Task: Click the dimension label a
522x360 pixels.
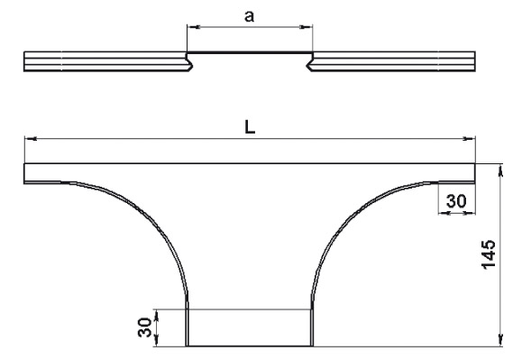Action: (x=249, y=16)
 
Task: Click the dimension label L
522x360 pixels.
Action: (x=250, y=127)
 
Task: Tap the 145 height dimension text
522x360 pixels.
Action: (x=489, y=254)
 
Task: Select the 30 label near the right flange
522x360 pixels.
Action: (x=456, y=201)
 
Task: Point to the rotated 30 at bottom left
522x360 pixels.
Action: (x=145, y=328)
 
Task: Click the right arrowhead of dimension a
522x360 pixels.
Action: (x=306, y=27)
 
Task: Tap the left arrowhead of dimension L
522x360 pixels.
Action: (x=31, y=138)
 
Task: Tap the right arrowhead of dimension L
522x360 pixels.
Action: (x=469, y=138)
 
